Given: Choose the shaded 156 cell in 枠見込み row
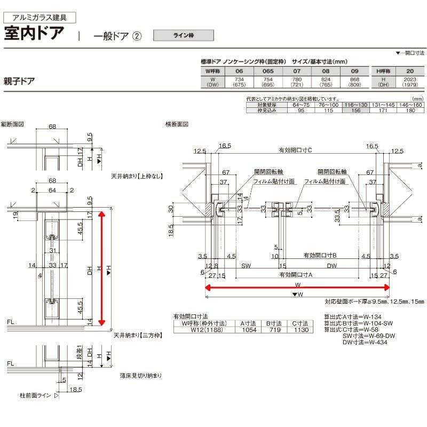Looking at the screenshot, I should pos(356,111).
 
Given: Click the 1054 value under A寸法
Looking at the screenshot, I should pos(246,330).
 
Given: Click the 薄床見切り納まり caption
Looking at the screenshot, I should pos(141,376).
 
